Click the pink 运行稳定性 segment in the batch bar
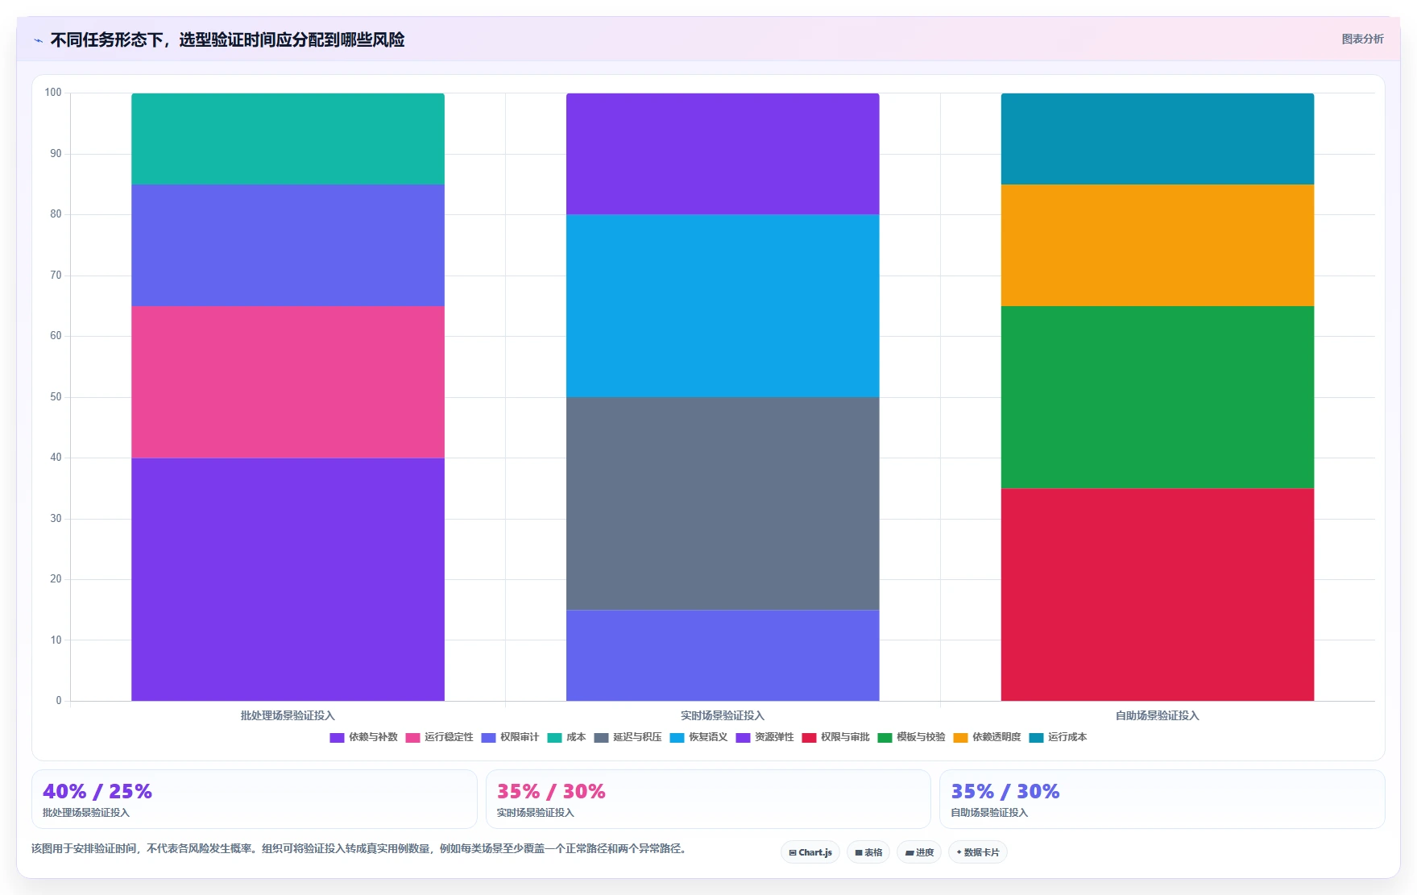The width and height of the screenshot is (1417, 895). point(288,382)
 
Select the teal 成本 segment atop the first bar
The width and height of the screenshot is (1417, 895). point(288,139)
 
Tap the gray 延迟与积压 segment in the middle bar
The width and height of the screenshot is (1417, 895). point(723,503)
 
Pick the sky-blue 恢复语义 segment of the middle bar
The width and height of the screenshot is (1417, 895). point(723,306)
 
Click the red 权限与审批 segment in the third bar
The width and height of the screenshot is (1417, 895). point(1158,595)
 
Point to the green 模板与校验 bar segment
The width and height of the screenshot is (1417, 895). point(1158,397)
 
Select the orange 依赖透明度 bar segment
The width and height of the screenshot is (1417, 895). point(1158,245)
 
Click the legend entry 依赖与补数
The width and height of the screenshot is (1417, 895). point(364,737)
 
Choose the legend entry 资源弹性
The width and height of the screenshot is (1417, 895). point(765,737)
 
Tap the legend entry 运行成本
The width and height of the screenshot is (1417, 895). point(1059,737)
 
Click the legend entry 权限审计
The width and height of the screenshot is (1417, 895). point(511,737)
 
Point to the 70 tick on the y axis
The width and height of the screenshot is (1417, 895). point(56,276)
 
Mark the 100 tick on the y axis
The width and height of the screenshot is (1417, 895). point(53,93)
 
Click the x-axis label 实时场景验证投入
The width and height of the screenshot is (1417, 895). point(723,715)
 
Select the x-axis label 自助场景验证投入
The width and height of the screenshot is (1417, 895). point(1158,715)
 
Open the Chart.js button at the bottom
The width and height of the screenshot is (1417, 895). point(810,852)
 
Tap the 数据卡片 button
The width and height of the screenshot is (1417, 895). point(978,852)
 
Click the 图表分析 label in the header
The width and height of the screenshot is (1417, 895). point(1363,39)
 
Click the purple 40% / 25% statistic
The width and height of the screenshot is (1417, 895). point(97,791)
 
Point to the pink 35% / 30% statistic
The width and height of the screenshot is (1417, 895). point(551,791)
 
